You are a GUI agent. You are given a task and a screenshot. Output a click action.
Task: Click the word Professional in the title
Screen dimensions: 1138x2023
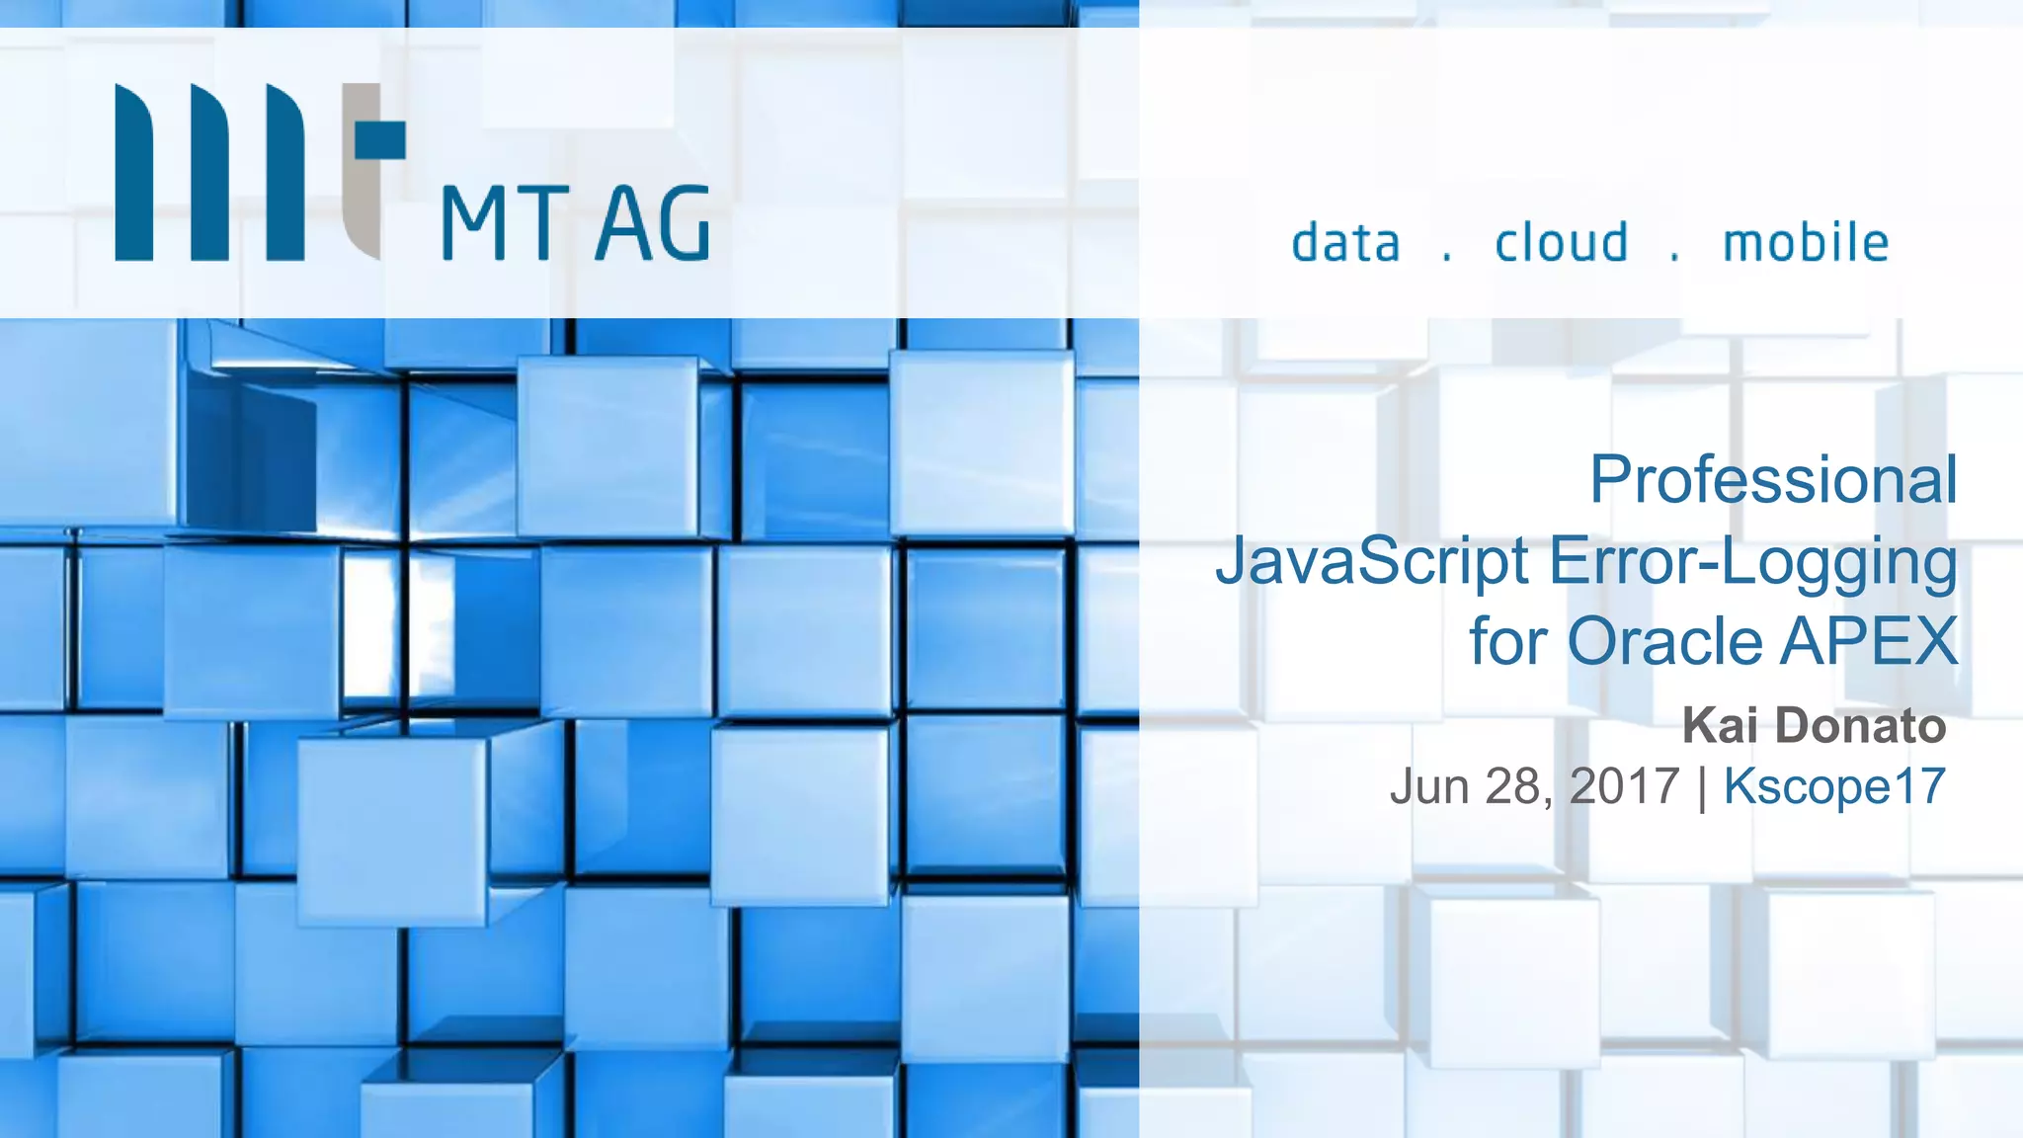[x=1772, y=480]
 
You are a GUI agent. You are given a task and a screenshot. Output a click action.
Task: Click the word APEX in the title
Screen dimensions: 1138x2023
[x=1869, y=642]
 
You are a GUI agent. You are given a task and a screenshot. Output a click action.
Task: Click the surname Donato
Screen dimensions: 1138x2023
[x=1860, y=726]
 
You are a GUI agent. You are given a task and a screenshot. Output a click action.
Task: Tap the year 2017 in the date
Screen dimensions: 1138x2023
[x=1624, y=787]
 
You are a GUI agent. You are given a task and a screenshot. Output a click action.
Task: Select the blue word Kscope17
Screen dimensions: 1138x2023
[x=1834, y=787]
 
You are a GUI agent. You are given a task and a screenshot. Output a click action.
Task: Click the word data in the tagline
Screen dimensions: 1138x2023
[x=1345, y=243]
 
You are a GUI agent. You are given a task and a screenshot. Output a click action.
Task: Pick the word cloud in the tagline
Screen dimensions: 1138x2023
[x=1561, y=243]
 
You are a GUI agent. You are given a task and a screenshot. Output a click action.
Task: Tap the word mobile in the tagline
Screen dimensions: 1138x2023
[x=1806, y=243]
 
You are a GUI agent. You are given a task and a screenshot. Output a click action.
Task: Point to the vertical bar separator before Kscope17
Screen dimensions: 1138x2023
[x=1702, y=788]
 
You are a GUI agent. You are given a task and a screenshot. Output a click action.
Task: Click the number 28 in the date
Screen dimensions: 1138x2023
[x=1512, y=787]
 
